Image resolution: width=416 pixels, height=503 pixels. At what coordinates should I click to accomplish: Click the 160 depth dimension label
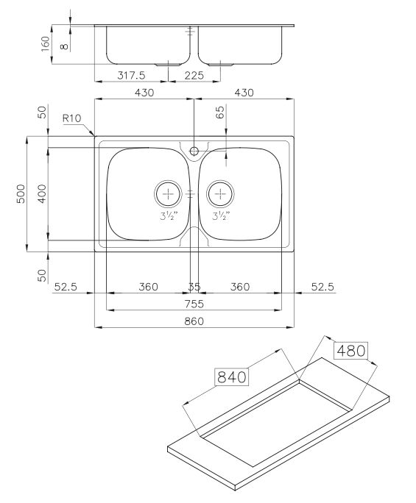[46, 44]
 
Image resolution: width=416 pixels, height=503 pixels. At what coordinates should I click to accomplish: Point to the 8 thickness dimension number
[64, 46]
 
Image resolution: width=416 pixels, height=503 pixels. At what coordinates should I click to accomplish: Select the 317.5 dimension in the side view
[131, 76]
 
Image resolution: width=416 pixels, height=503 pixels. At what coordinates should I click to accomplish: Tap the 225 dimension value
[194, 76]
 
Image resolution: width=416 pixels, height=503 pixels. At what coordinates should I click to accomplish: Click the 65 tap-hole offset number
[220, 113]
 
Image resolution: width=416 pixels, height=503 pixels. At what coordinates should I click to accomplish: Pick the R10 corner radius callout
[72, 118]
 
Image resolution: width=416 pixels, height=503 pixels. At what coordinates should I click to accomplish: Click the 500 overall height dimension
[21, 193]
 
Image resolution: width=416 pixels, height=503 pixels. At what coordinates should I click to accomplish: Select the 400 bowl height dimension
[42, 193]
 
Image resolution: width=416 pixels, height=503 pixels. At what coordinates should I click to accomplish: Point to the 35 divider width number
[194, 287]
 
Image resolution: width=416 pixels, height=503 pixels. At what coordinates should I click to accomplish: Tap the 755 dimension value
[194, 304]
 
